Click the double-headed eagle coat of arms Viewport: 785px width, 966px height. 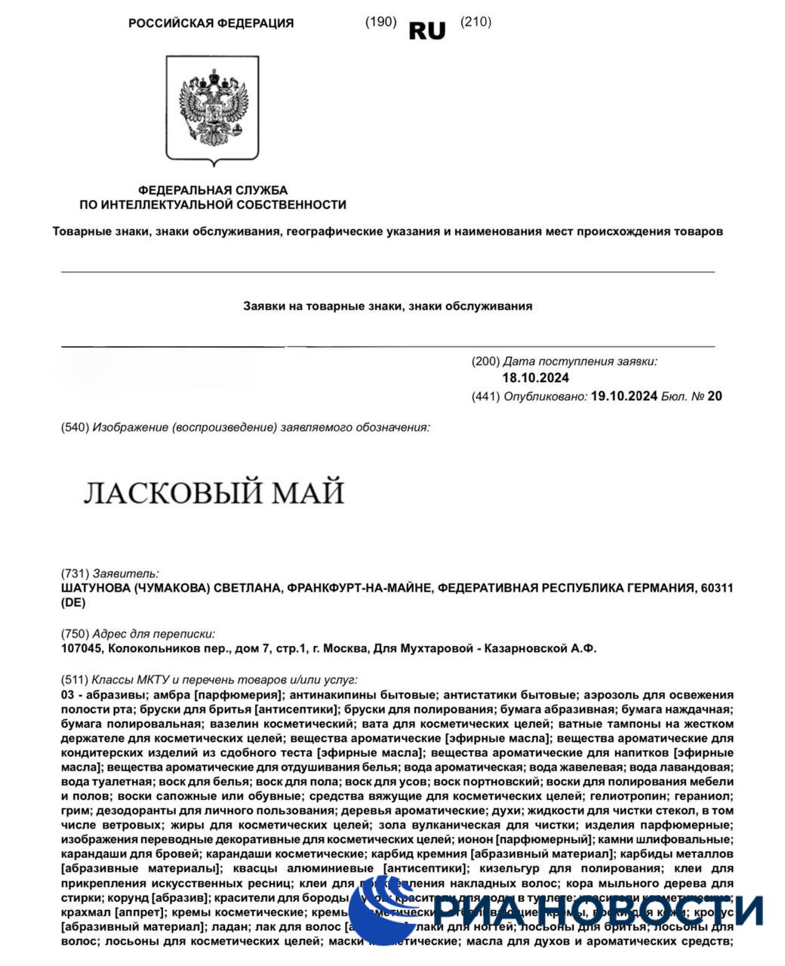coord(212,111)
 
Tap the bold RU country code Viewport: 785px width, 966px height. coord(427,30)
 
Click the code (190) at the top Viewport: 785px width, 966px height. coord(380,22)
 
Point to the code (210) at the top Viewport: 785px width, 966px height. coord(476,22)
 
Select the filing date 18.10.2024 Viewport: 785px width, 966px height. coord(535,378)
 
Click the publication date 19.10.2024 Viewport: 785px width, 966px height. coord(625,395)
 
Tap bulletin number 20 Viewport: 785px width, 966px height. coord(715,395)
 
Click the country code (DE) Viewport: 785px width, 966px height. coord(73,603)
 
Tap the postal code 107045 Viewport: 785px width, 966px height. coord(81,648)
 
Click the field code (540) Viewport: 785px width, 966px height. coord(75,428)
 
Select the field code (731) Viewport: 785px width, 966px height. coord(75,574)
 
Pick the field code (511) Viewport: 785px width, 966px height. coord(75,679)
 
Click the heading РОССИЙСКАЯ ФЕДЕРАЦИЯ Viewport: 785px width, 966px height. coord(211,23)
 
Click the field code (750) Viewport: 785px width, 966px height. coord(75,634)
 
